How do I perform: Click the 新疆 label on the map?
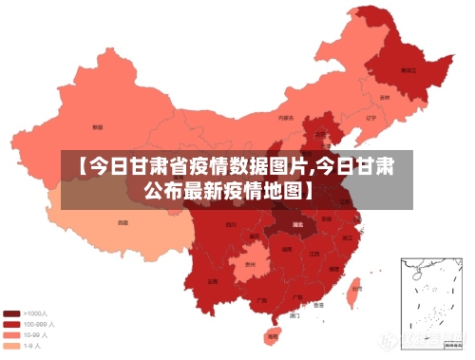click(x=98, y=126)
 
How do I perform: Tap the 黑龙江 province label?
click(x=408, y=70)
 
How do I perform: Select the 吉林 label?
click(x=385, y=97)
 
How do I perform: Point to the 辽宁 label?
click(x=370, y=118)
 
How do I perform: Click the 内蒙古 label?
click(x=285, y=119)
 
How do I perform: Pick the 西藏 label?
click(x=123, y=222)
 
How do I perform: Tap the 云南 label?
click(x=212, y=281)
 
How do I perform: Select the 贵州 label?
click(x=250, y=264)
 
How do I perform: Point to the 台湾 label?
click(x=355, y=287)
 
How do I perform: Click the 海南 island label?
click(x=273, y=335)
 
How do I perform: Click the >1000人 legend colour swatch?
click(x=11, y=313)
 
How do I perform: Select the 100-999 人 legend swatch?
click(x=11, y=324)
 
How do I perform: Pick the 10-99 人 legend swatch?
click(x=11, y=334)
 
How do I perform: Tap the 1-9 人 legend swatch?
click(x=11, y=346)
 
